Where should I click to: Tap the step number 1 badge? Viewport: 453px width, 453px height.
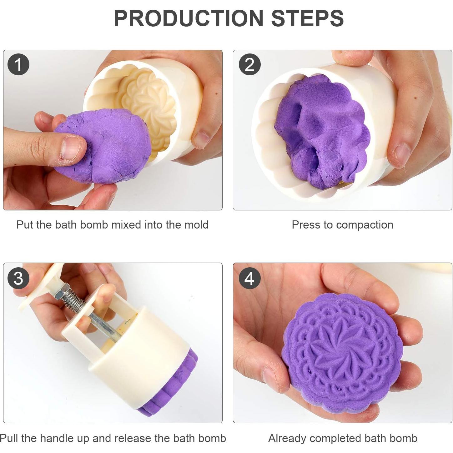pos(18,64)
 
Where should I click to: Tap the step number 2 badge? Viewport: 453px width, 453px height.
pos(249,64)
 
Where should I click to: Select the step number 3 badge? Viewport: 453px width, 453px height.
pos(18,278)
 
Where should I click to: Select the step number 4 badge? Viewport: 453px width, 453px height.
pos(249,278)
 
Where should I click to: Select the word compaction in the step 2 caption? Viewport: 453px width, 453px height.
pos(365,225)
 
